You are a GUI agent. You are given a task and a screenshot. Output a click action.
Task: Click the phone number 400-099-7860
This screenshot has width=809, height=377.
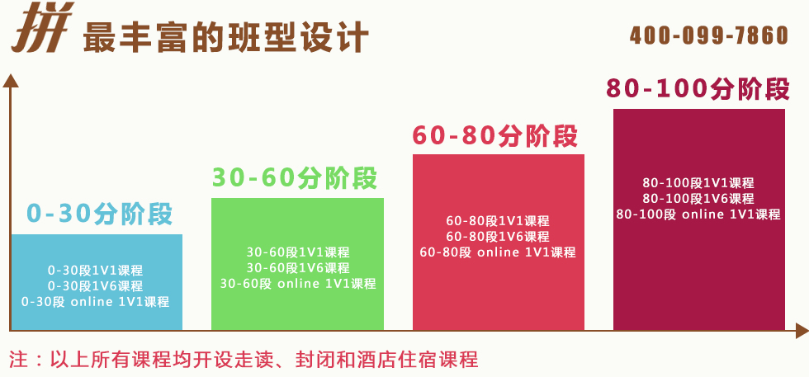709,35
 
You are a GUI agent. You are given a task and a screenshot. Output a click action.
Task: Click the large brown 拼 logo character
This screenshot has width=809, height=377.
43,27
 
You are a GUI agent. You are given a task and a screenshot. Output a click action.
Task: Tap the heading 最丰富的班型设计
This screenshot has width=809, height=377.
226,36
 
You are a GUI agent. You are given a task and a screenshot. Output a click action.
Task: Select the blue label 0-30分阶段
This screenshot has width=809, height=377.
99,214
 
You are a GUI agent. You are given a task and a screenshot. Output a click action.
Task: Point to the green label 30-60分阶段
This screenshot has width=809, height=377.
295,178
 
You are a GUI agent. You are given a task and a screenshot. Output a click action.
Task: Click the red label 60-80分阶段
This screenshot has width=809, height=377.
494,136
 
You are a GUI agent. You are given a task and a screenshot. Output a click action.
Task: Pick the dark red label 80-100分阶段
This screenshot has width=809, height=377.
698,89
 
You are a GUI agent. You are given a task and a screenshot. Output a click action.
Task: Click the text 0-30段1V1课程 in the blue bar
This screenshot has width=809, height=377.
96,271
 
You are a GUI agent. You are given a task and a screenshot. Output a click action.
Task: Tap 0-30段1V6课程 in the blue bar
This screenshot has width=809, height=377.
96,285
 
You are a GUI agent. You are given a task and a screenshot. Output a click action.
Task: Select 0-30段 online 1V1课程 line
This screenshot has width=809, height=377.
96,302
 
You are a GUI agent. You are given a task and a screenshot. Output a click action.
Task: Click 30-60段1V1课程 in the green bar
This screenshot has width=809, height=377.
298,252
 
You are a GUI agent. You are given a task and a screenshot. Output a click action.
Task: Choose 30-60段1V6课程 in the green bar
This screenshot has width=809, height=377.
298,267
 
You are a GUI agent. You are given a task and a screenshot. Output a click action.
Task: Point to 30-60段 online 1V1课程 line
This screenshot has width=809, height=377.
298,284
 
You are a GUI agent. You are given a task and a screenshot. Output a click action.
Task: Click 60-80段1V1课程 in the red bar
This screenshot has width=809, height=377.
498,221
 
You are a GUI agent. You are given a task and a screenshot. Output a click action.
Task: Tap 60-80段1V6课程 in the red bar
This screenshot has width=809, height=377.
498,237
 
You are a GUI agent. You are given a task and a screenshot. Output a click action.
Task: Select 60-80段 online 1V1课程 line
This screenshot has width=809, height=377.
498,252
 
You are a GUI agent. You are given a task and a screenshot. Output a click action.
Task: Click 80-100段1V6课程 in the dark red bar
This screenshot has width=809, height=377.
698,199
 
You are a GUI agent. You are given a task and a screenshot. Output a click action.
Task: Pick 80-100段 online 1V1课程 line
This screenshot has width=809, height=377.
698,214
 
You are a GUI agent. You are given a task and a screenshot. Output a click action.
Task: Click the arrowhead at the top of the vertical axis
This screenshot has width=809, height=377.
10,81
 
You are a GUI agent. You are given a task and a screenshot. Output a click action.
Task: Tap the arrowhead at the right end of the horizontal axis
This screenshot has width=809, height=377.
802,331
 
